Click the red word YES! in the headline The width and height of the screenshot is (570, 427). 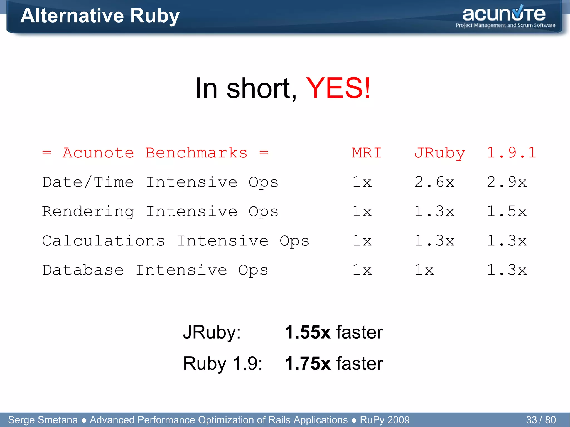click(x=338, y=88)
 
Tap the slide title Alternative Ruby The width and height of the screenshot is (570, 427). click(x=100, y=16)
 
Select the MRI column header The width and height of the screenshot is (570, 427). click(x=367, y=153)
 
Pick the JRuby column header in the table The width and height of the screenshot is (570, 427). click(x=439, y=153)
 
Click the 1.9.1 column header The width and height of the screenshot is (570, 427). click(x=511, y=153)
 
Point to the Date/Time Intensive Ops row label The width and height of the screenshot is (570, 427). click(x=160, y=182)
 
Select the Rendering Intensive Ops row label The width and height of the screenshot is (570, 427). click(x=160, y=211)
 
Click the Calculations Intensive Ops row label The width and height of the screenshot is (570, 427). click(x=176, y=241)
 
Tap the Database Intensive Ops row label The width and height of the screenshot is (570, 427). click(x=155, y=270)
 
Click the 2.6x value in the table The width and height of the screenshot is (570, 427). click(x=434, y=182)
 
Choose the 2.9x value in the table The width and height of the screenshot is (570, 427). click(x=507, y=182)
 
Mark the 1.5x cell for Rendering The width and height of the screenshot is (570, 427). click(x=507, y=211)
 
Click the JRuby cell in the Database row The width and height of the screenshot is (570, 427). click(x=424, y=270)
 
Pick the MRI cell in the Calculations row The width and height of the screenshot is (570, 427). click(x=362, y=241)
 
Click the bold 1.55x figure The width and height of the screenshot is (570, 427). click(x=307, y=332)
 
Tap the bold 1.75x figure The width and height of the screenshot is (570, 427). click(x=307, y=363)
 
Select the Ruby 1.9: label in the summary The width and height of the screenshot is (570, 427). click(x=223, y=363)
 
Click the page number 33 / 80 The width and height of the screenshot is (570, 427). click(x=540, y=420)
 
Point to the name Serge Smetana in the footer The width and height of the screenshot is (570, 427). click(x=43, y=420)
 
